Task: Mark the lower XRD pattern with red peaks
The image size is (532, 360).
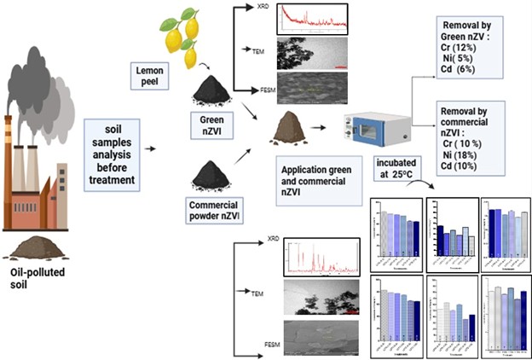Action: [x=320, y=258]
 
